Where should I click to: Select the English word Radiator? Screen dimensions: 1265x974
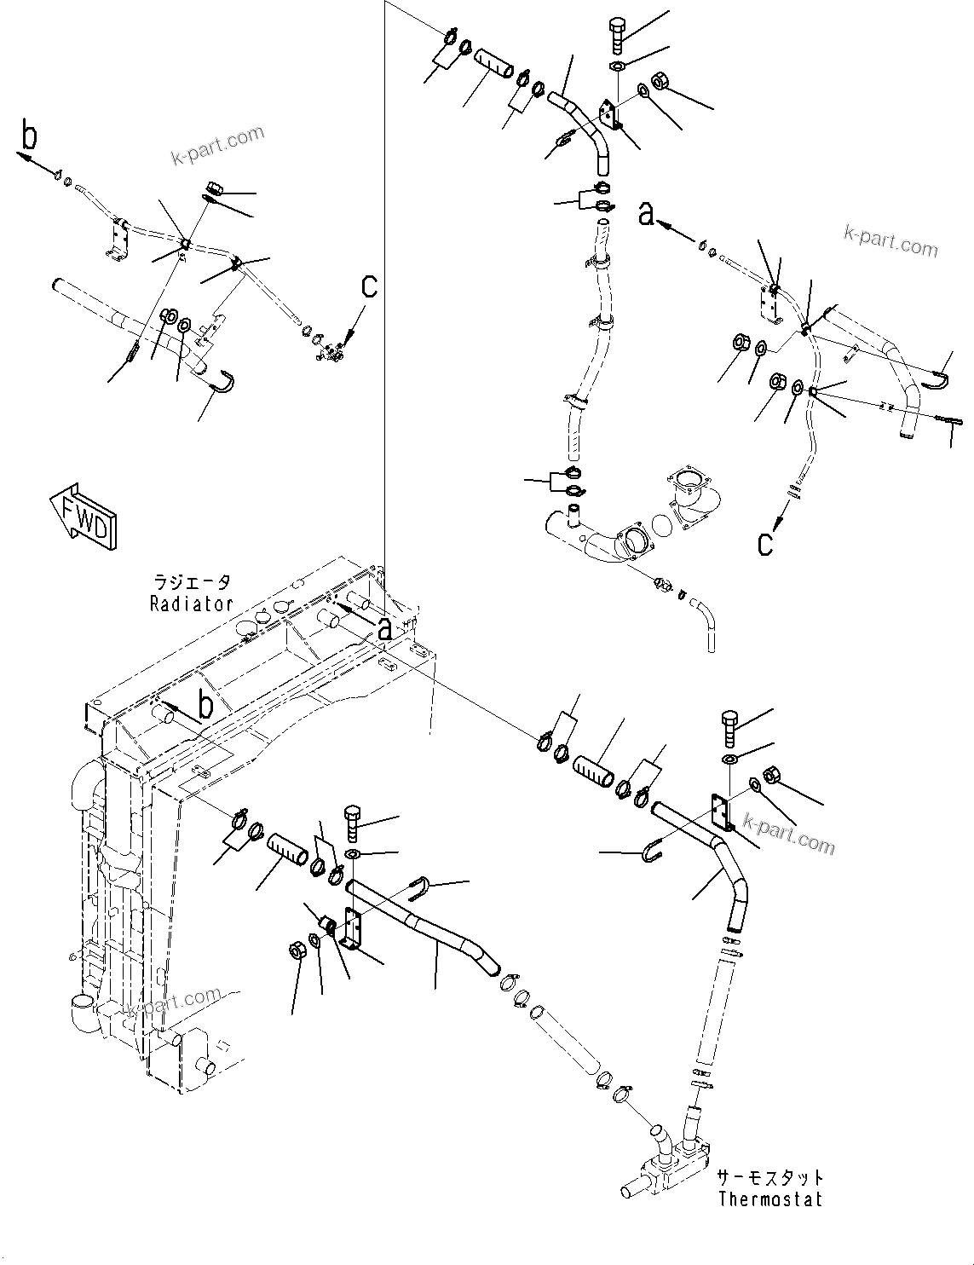[191, 604]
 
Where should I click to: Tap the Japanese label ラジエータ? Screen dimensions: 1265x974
[191, 583]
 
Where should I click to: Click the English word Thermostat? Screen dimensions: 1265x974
[770, 1199]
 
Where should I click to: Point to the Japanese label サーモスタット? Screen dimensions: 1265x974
[770, 1177]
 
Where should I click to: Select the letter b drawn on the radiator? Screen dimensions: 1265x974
[205, 706]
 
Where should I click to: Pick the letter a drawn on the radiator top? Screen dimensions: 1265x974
[385, 629]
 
